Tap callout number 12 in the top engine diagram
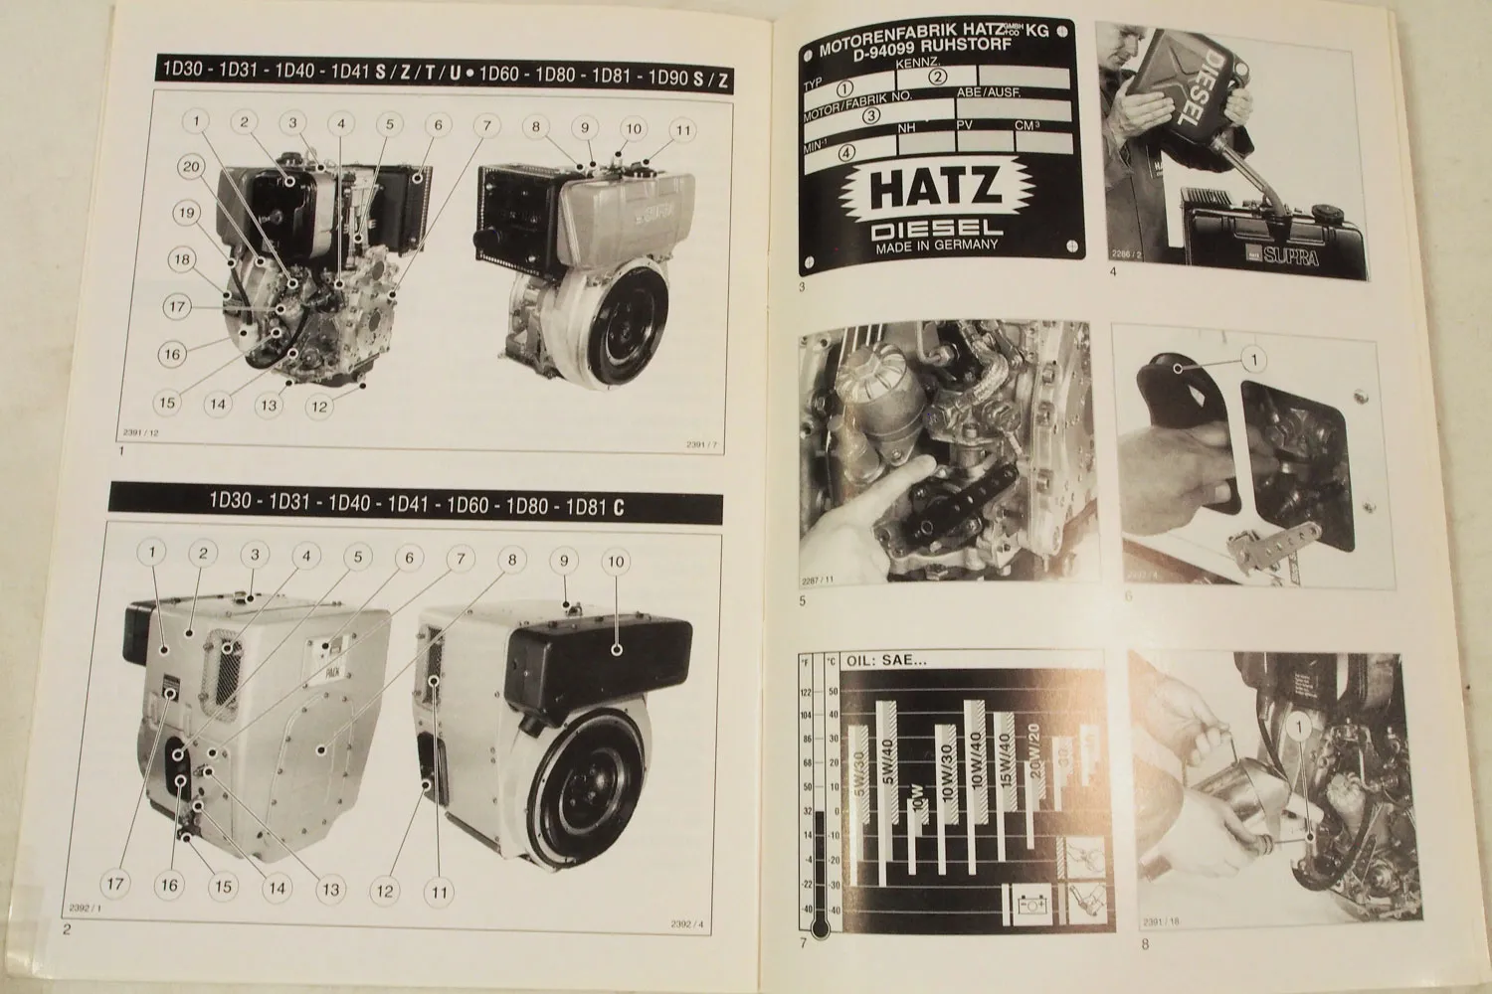(x=318, y=406)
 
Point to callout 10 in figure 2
(x=616, y=563)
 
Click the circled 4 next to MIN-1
(x=846, y=153)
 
